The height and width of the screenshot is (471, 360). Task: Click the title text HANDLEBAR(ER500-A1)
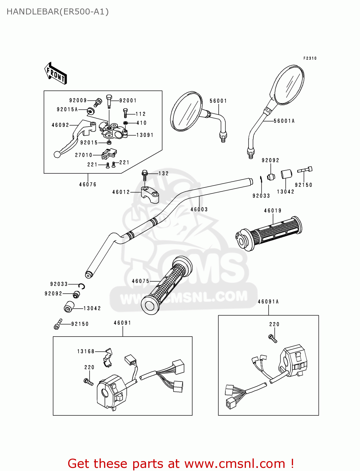click(x=57, y=12)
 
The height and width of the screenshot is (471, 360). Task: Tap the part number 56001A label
click(x=284, y=121)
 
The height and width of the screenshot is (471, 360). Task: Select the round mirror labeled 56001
click(x=186, y=111)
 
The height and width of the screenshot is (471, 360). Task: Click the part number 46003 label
click(x=199, y=209)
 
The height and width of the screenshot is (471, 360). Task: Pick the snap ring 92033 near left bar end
click(x=82, y=286)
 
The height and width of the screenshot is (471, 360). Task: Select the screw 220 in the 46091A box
click(x=273, y=338)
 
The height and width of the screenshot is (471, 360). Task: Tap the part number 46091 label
click(x=123, y=323)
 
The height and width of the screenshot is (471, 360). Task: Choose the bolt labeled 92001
click(x=109, y=100)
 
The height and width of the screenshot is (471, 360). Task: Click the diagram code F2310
click(x=310, y=58)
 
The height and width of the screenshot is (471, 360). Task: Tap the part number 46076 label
click(x=88, y=185)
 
